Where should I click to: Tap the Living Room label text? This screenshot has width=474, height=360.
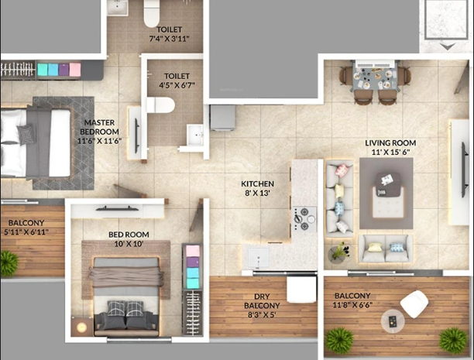(x=391, y=142)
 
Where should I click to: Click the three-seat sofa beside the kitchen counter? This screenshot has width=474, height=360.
(x=338, y=197)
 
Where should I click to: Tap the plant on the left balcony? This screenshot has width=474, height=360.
(x=9, y=264)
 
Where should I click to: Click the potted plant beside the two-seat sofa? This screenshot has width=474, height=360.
(x=339, y=252)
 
